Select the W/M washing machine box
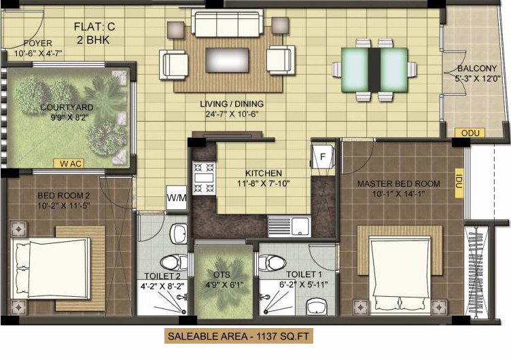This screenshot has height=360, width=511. click(x=177, y=198)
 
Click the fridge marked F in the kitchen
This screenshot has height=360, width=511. click(x=323, y=156)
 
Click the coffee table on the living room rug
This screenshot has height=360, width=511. click(x=226, y=56)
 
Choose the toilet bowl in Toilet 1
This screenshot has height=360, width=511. click(x=273, y=262)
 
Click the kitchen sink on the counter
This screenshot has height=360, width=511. click(x=289, y=223)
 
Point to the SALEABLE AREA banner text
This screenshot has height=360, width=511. click(x=240, y=336)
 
